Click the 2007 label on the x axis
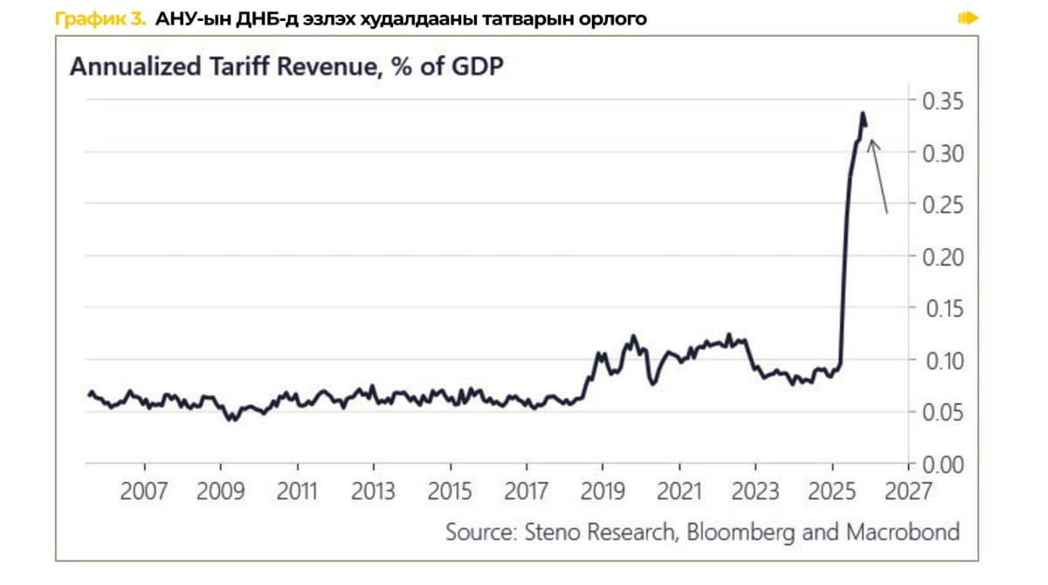pos(143,491)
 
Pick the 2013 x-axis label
pos(373,491)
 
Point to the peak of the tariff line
pos(862,114)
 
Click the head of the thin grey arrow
pos(872,144)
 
